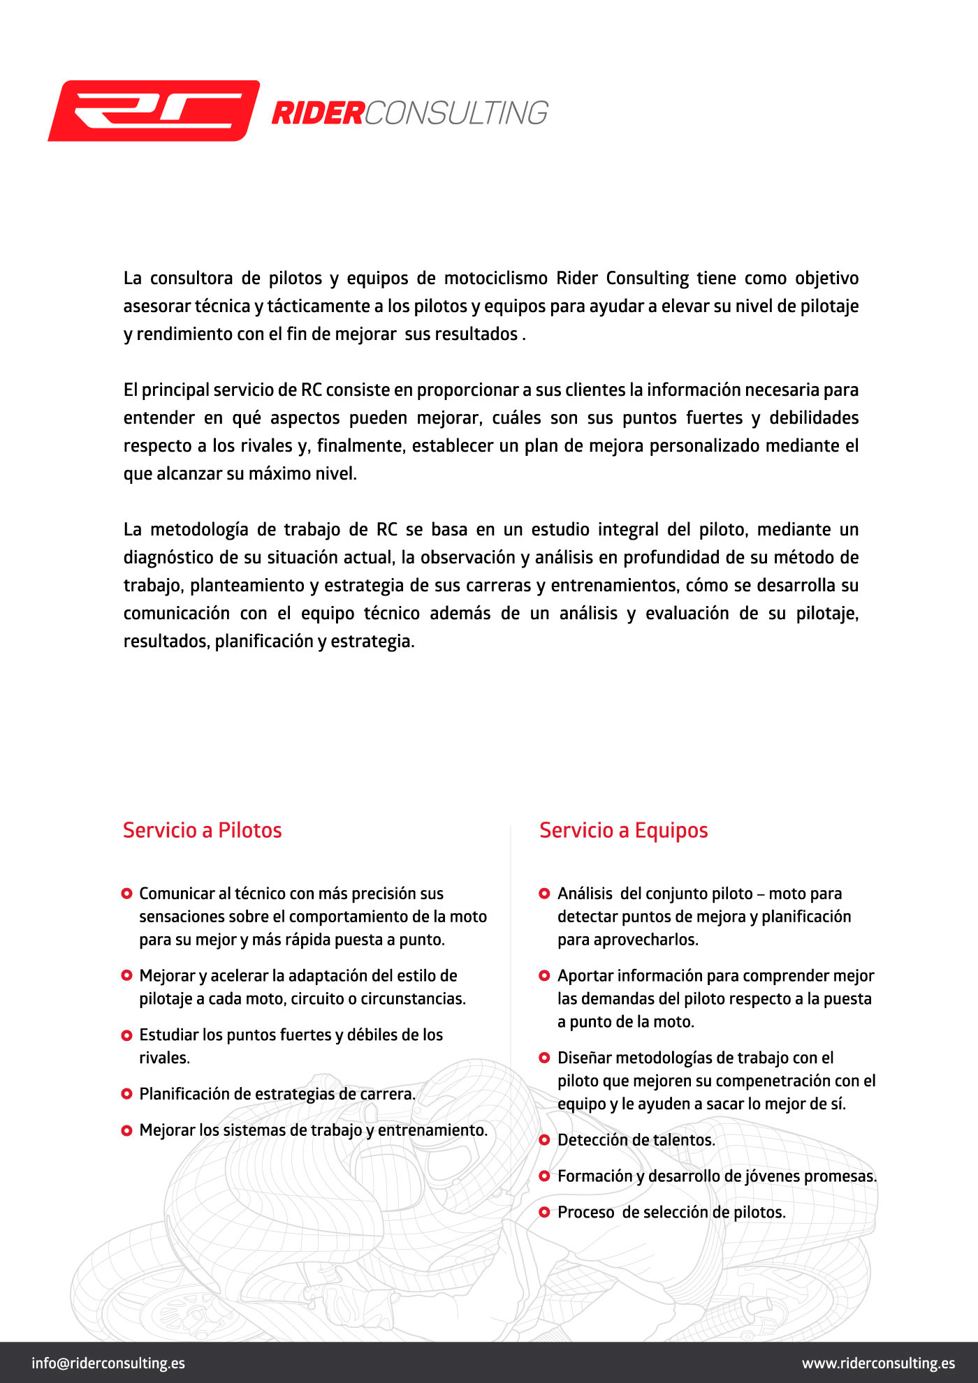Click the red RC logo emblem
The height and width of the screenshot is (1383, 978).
[154, 111]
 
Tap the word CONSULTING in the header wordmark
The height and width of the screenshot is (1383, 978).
[456, 113]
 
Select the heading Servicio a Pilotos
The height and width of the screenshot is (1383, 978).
[203, 830]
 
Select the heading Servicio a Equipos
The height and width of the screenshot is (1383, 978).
[624, 830]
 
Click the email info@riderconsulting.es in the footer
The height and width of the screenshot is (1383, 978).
[108, 1363]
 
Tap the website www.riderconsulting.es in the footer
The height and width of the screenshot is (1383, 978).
[878, 1363]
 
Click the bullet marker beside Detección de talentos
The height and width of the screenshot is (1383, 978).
[545, 1139]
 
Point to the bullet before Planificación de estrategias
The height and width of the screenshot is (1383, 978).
[126, 1093]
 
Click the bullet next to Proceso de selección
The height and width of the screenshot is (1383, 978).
[545, 1212]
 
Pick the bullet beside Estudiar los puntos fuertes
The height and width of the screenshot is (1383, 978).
[126, 1035]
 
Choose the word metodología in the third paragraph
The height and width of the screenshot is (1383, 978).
[199, 530]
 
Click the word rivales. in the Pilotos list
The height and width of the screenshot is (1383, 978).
[164, 1058]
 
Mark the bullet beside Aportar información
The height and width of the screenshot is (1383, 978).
[545, 975]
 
